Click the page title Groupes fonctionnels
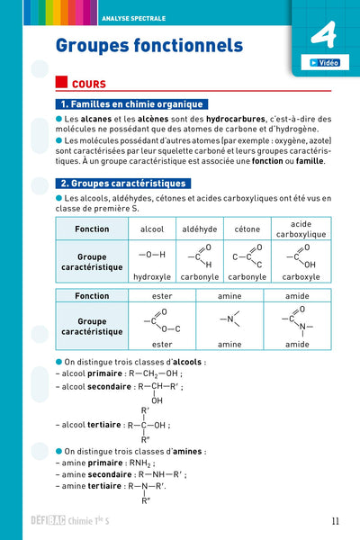click(x=149, y=45)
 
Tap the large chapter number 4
click(x=321, y=36)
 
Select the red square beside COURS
click(x=61, y=80)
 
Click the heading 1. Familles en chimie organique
click(x=130, y=104)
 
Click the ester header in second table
click(x=162, y=295)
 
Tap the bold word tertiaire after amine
click(x=104, y=485)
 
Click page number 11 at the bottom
click(x=335, y=519)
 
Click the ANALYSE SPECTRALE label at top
click(x=132, y=9)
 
